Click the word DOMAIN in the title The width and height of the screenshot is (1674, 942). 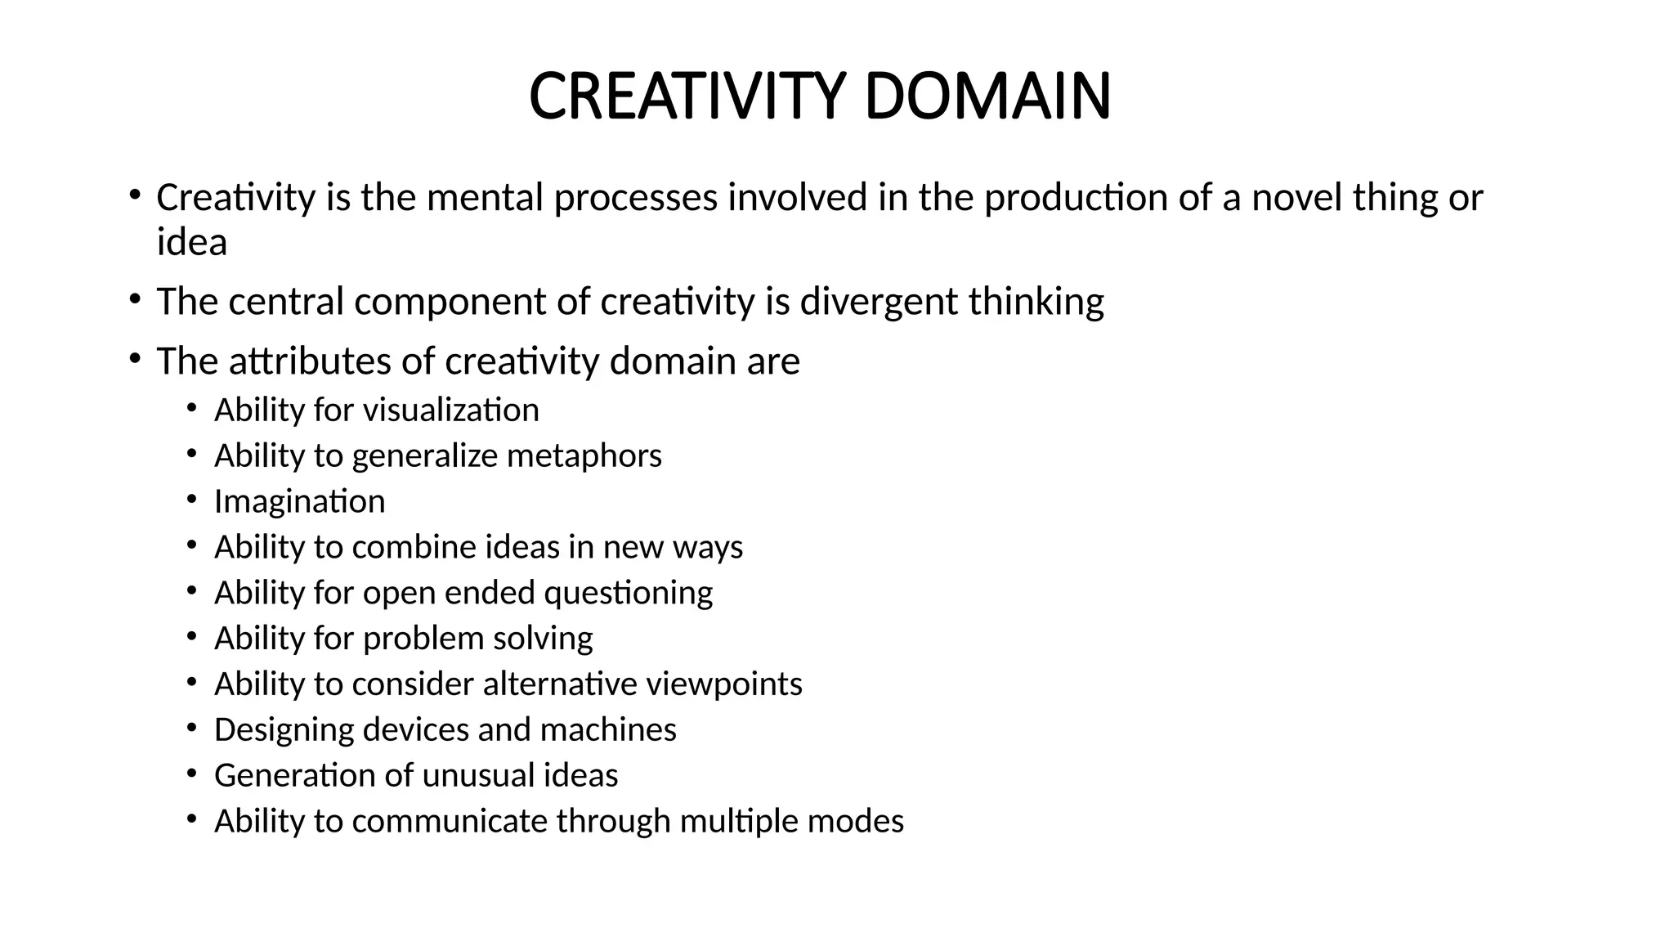(x=987, y=96)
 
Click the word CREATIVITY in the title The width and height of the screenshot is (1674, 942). (x=685, y=96)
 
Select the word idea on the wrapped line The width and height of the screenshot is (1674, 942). (x=192, y=242)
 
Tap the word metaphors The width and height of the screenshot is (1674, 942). (x=584, y=455)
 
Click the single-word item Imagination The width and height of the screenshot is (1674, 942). (x=299, y=501)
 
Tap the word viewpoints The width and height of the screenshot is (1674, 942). (x=724, y=684)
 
